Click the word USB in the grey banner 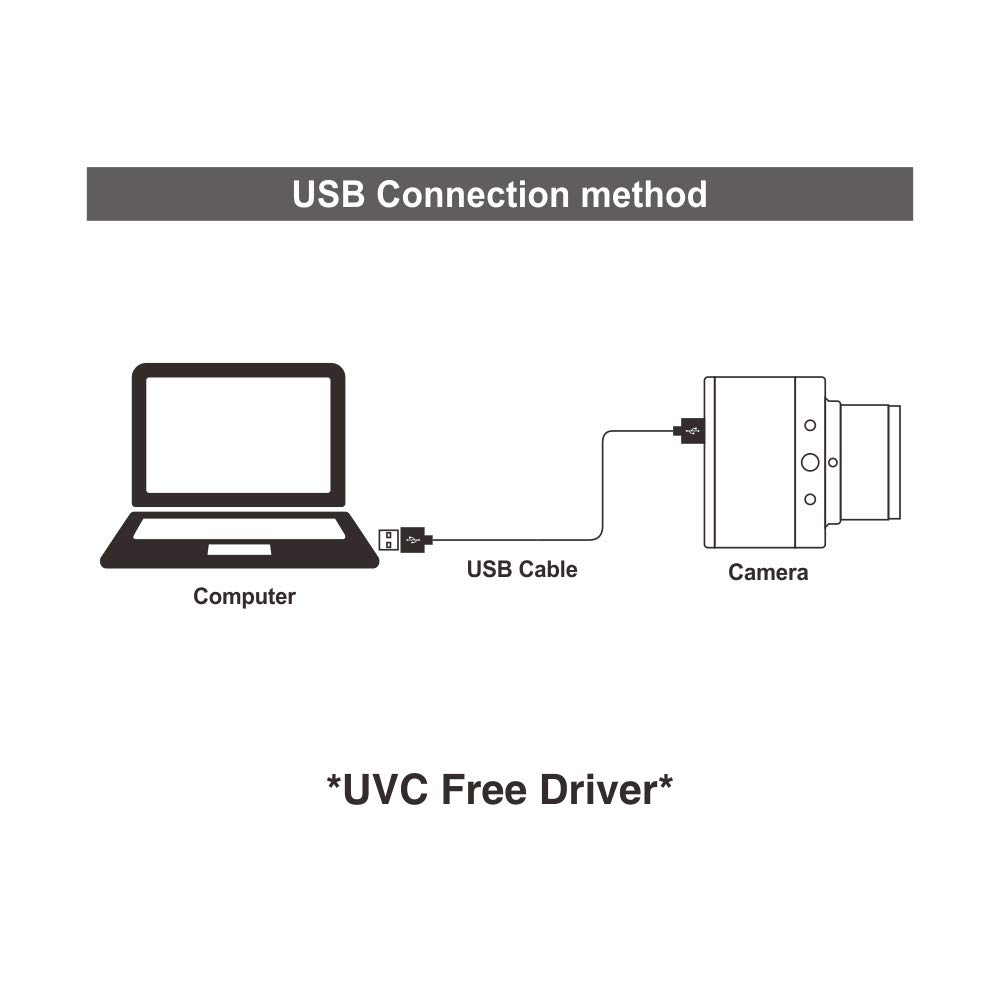[x=329, y=194]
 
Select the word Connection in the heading [x=474, y=194]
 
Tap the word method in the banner [x=644, y=194]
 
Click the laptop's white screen [x=238, y=435]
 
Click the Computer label [x=244, y=597]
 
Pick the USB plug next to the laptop [x=405, y=540]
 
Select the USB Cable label [x=522, y=570]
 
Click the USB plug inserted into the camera [x=690, y=431]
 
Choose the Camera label [x=768, y=573]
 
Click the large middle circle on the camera [x=810, y=462]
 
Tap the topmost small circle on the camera [x=810, y=425]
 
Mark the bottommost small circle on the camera [x=810, y=499]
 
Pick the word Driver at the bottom [x=596, y=790]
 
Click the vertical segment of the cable [x=603, y=485]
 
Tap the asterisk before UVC [x=334, y=782]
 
